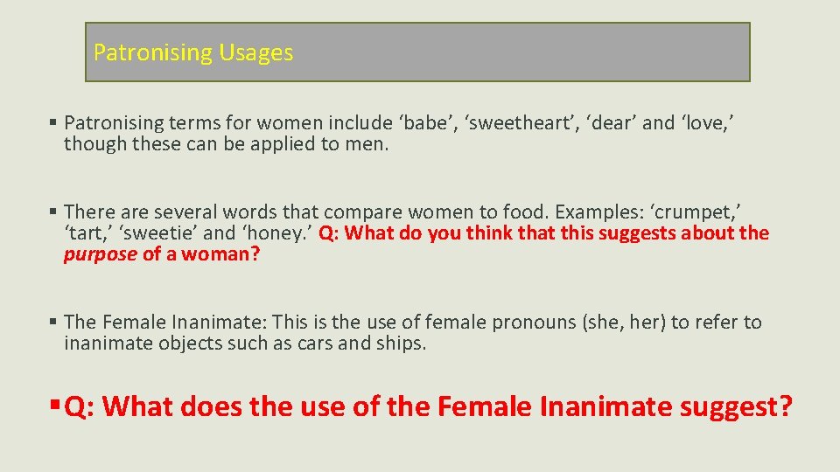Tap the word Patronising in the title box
(x=153, y=52)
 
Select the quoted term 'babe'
(x=426, y=122)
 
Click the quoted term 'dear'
(x=607, y=122)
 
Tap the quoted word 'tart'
(x=87, y=233)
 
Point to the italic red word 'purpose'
(x=100, y=255)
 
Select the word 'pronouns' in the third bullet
(x=534, y=322)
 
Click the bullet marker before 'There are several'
(x=54, y=212)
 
